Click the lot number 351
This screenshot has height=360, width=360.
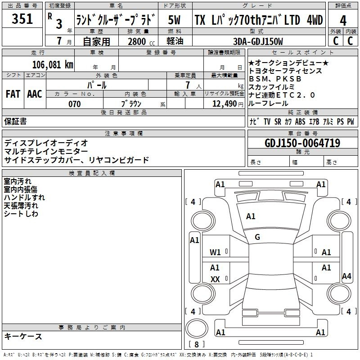pos(22,18)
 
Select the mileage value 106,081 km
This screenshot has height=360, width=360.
pos(53,65)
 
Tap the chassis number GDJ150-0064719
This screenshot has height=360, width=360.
pos(302,143)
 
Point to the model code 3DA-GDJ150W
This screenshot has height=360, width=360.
pos(258,41)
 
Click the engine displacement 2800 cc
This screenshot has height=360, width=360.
pos(141,41)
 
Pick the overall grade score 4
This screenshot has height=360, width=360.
pos(343,20)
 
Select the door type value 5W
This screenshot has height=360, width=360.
pos(174,20)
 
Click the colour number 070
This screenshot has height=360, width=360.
pos(74,104)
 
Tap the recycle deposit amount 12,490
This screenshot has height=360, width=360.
pos(224,104)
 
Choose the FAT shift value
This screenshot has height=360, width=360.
pos(13,94)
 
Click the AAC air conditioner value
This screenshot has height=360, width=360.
pos(35,94)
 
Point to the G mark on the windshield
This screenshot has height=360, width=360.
pos(257,237)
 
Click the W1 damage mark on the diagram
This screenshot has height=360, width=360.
pos(215,252)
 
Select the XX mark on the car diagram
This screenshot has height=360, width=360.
pos(215,279)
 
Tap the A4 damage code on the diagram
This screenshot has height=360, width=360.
pos(346,276)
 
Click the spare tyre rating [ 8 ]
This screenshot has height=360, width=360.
pos(197,344)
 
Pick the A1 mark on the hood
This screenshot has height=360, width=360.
pos(251,216)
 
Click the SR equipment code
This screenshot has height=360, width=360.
pos(278,121)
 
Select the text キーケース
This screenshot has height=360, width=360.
pos(23,336)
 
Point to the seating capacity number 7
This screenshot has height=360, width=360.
pos(188,85)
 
